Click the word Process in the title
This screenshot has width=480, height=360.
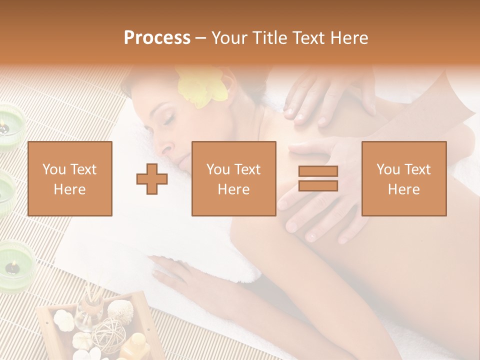(x=157, y=38)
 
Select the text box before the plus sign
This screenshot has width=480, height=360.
(x=69, y=178)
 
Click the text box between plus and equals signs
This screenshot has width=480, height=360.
(x=233, y=178)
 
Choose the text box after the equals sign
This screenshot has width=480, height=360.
(x=403, y=178)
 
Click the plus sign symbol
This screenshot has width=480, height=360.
(x=152, y=178)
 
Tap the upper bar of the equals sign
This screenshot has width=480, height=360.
(x=318, y=171)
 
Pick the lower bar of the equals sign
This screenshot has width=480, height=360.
(x=318, y=186)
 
